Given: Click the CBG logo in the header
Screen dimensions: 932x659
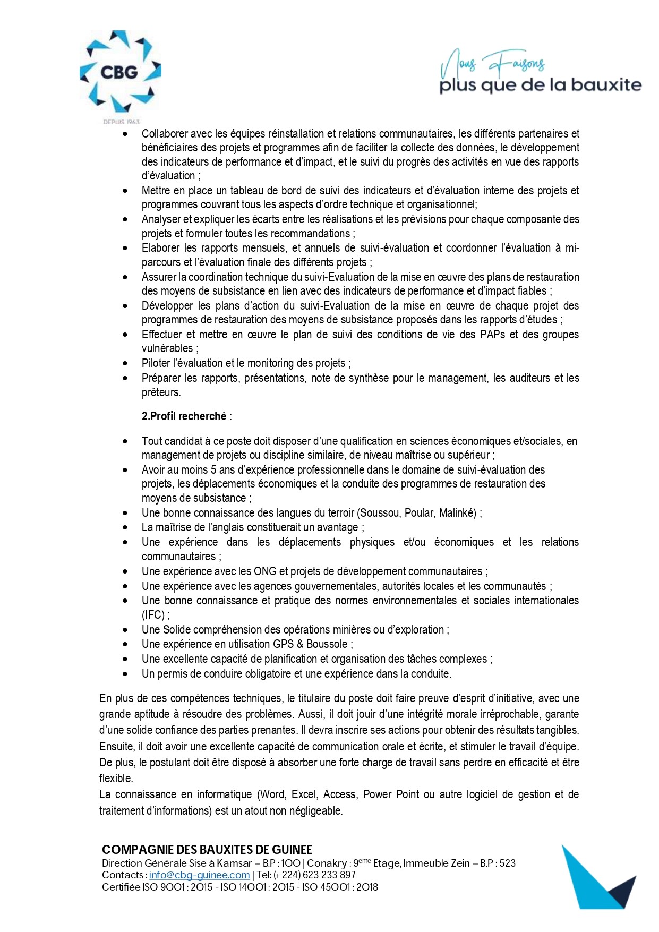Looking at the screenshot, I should pyautogui.click(x=120, y=73).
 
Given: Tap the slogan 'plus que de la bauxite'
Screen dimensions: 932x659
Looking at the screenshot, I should pyautogui.click(x=540, y=85).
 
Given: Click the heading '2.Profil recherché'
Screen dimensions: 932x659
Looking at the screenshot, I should pyautogui.click(x=184, y=416).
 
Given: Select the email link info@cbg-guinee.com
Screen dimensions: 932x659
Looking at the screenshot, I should pyautogui.click(x=199, y=875).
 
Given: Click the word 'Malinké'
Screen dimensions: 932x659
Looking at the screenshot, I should pyautogui.click(x=456, y=513).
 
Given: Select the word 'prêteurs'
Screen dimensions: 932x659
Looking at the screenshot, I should pyautogui.click(x=160, y=392).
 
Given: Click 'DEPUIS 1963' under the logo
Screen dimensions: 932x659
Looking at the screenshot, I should pyautogui.click(x=121, y=122).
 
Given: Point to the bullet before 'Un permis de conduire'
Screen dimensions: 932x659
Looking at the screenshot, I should pyautogui.click(x=125, y=674).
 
